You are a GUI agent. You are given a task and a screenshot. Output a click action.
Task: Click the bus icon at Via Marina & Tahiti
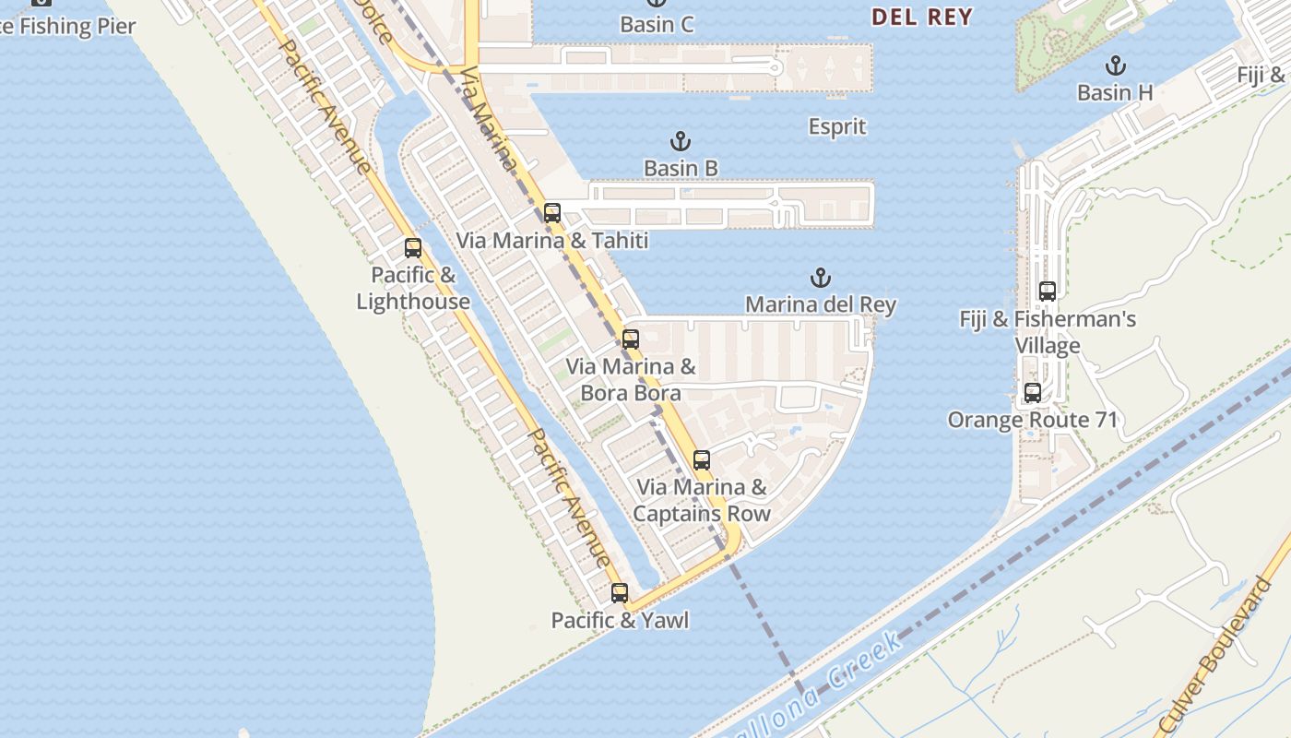tap(551, 213)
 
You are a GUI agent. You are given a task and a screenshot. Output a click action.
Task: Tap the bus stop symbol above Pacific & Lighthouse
tap(412, 248)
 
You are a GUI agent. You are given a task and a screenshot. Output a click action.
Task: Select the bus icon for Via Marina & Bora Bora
tap(630, 339)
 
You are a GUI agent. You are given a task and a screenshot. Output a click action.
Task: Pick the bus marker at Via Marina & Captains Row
tap(701, 460)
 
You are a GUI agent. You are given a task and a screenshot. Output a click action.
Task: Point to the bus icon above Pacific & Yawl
tap(619, 593)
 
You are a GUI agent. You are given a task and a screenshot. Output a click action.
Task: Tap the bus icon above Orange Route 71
tap(1032, 393)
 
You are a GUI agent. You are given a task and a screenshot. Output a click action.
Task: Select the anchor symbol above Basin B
tap(680, 142)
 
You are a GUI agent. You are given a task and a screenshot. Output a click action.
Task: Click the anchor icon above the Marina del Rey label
tap(820, 278)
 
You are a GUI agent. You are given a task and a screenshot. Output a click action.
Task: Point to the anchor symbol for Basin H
tap(1116, 66)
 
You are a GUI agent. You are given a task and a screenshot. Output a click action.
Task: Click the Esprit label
tap(837, 126)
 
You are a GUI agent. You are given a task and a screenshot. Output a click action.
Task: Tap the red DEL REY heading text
tap(921, 17)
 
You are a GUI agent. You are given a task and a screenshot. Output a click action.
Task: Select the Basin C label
tap(657, 24)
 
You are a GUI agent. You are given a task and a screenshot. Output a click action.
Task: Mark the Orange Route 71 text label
tap(1032, 420)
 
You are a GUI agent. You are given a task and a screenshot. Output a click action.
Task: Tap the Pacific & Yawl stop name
tap(620, 620)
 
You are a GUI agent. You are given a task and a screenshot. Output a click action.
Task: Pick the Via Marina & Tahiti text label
tap(551, 241)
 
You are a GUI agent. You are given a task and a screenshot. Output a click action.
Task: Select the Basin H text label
tap(1116, 92)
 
